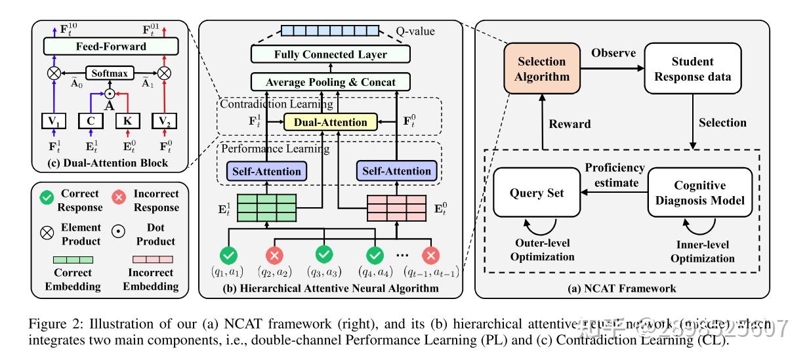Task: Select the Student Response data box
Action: [692, 69]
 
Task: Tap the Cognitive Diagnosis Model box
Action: [699, 193]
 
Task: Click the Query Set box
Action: [537, 193]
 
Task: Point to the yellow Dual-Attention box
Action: [330, 121]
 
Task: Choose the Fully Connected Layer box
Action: [330, 54]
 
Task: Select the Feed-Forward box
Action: [110, 47]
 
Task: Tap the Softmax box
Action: [110, 73]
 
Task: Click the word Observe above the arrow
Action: [613, 52]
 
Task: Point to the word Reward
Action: [570, 123]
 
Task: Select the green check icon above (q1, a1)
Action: [229, 254]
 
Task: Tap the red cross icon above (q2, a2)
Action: [275, 254]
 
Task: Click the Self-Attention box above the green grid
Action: [263, 171]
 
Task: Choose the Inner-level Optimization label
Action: [702, 251]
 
